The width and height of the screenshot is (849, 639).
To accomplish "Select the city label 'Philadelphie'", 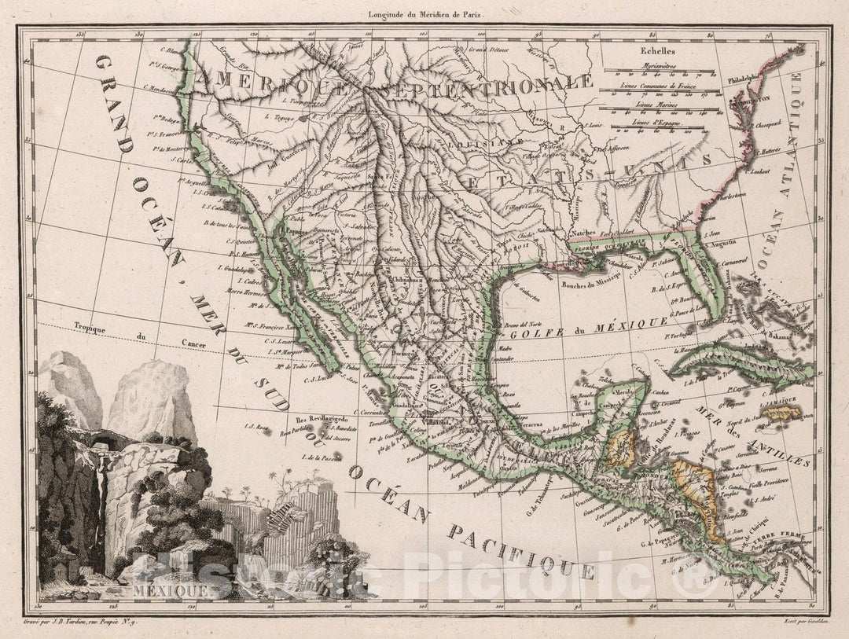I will [x=749, y=79].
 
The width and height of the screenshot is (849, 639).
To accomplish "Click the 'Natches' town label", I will [x=604, y=233].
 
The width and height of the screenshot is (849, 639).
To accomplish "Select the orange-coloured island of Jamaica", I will [x=781, y=412].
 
